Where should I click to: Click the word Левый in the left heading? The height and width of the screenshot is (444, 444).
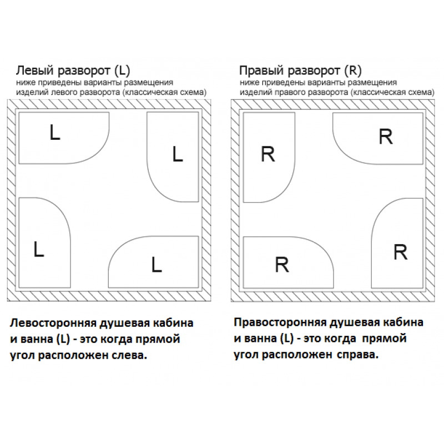[x=34, y=70]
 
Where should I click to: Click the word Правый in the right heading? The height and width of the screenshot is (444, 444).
[x=261, y=70]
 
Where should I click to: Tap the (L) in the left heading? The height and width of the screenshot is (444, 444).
[x=122, y=70]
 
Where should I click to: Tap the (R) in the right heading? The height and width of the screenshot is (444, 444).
[x=353, y=70]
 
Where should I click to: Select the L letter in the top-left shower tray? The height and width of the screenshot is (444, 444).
[x=54, y=133]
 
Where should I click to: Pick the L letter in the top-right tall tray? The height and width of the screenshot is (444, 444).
[x=178, y=154]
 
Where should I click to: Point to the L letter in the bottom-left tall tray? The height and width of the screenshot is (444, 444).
[x=39, y=249]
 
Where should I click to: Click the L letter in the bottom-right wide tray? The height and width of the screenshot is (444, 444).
[x=157, y=265]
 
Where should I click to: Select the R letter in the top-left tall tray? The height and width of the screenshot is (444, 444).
[x=268, y=154]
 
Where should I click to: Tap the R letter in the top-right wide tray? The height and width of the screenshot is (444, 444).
[x=386, y=137]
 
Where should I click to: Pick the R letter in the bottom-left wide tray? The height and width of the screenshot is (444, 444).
[x=282, y=265]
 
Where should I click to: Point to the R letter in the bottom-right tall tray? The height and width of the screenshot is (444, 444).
[x=400, y=252]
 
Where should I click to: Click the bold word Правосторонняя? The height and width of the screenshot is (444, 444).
[x=280, y=322]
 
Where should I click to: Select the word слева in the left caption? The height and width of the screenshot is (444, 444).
[x=130, y=355]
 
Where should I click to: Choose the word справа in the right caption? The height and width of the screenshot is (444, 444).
[x=357, y=355]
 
